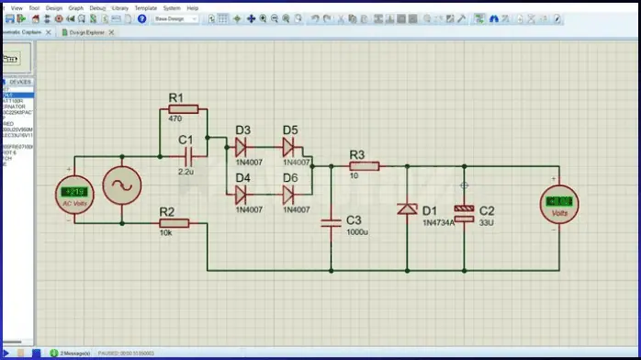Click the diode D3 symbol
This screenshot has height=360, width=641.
pos(242,145)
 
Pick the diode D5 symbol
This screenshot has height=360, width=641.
pos(290,145)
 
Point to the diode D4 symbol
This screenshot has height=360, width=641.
pos(242,194)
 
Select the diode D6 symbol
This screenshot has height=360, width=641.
pos(290,194)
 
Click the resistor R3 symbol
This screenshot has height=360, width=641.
pos(364,166)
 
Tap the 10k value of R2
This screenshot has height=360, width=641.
pos(166,233)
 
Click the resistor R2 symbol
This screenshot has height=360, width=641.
pos(174,222)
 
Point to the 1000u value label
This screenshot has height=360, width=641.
pos(358,233)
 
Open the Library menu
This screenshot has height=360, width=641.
pos(120,7)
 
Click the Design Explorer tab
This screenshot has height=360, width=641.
pos(88,32)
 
